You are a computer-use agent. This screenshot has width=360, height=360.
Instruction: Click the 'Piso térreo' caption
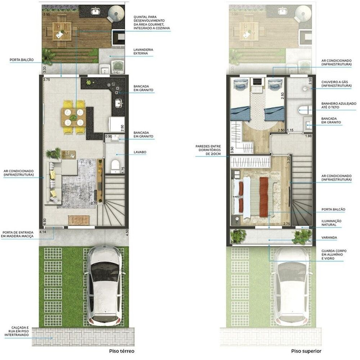(121, 351)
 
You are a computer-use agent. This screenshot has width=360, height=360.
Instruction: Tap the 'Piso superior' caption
(306, 351)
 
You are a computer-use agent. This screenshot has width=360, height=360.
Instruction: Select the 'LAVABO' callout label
(140, 152)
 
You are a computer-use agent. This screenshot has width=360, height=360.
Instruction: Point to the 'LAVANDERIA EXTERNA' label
(143, 52)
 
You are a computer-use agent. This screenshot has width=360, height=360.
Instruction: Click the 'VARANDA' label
(329, 237)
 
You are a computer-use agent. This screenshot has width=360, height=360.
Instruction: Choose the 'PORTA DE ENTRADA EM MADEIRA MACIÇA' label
(17, 234)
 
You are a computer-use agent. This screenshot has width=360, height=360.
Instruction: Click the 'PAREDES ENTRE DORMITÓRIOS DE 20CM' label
(208, 150)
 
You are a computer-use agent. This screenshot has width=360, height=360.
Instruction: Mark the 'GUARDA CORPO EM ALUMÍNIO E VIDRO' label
(334, 255)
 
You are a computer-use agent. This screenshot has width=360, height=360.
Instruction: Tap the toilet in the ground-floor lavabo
(115, 166)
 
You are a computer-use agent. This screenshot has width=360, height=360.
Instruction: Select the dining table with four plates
(73, 117)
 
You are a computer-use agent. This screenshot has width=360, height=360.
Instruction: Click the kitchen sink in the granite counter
(119, 103)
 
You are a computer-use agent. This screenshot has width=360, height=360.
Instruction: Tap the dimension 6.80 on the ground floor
(45, 221)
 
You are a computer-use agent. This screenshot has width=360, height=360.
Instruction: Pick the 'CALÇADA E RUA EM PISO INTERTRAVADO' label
(17, 331)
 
